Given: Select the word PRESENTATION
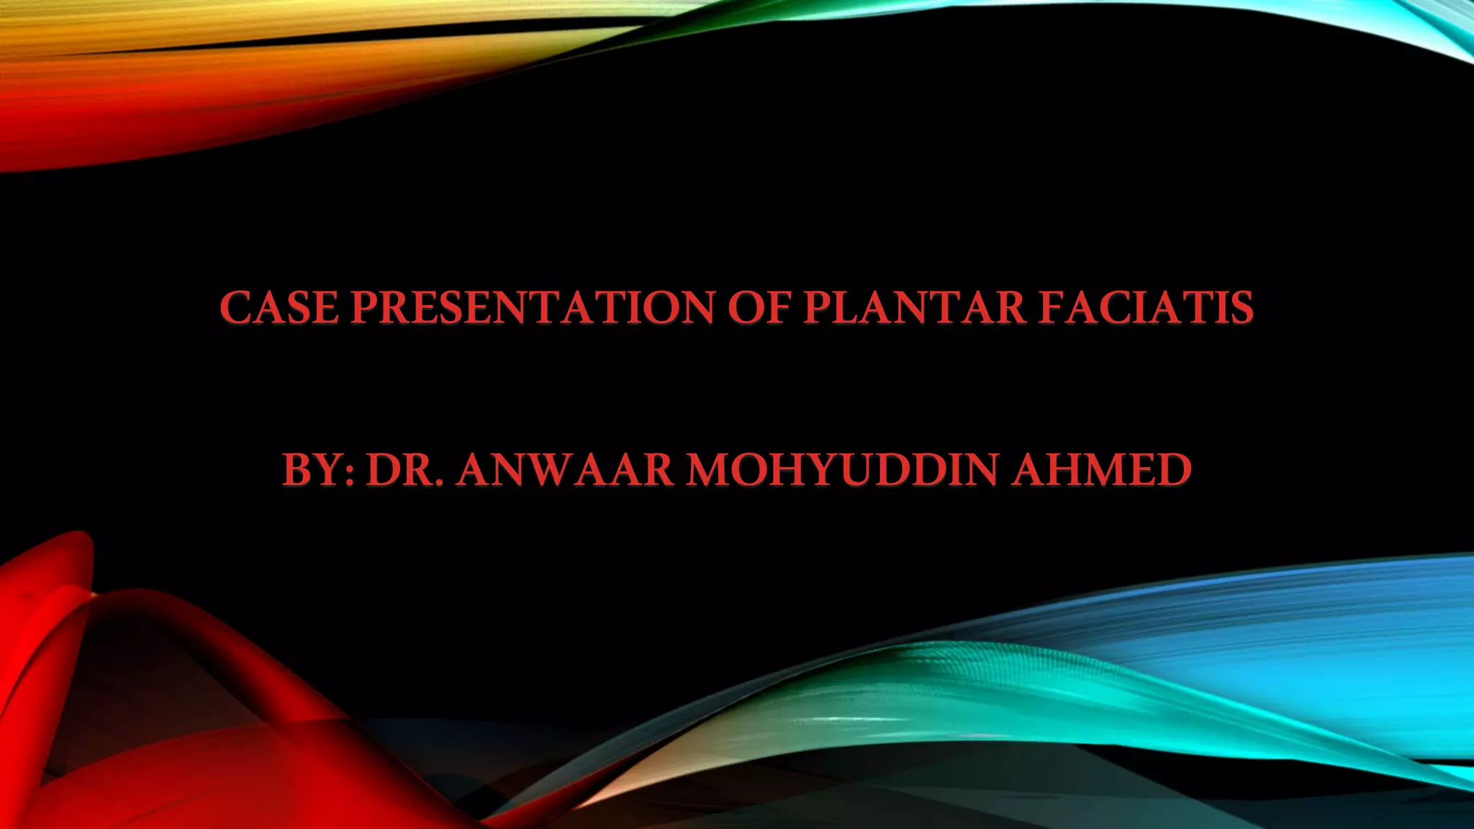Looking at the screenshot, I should [533, 308].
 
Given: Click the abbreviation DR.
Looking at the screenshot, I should [404, 471].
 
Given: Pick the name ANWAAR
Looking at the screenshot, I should [564, 471].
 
